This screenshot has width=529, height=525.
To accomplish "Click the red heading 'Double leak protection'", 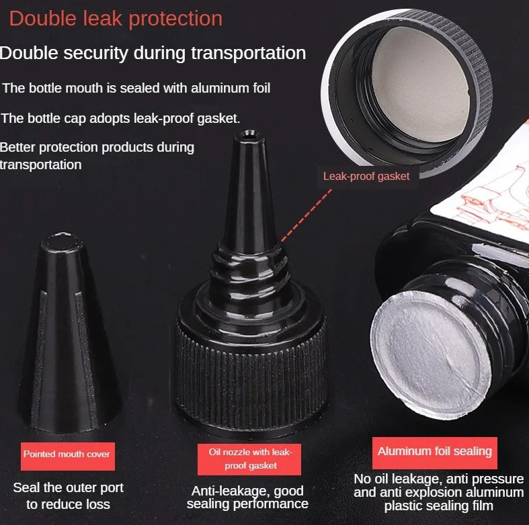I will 116,19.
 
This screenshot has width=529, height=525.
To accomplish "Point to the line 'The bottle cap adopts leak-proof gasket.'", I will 120,118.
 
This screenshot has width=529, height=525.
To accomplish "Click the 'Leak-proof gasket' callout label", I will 366,176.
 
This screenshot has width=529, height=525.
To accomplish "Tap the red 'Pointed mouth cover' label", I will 67,455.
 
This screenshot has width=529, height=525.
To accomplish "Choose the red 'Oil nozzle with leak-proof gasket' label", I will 249,459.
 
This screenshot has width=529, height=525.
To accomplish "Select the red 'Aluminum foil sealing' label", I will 434,451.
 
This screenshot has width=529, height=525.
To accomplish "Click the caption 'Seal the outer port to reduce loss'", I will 69,495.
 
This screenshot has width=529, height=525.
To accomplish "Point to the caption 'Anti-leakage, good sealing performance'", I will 247,497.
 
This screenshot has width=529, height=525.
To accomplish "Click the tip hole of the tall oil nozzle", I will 245,136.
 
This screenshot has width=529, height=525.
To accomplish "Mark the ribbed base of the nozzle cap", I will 250,366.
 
